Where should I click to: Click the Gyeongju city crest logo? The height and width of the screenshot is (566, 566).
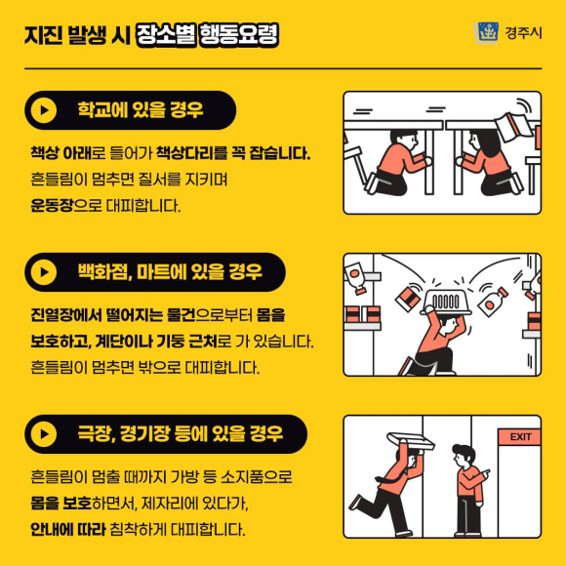point(486,32)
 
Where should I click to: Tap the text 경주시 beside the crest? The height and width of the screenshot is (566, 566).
point(523,33)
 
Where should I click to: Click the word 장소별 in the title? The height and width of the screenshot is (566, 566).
point(166,35)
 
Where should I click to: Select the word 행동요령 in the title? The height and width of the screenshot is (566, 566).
point(239,35)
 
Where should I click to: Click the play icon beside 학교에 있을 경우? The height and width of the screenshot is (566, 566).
point(44,110)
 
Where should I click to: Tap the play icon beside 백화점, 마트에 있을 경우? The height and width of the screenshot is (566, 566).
point(44,272)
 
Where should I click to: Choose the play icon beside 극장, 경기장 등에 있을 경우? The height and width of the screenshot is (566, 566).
point(44,434)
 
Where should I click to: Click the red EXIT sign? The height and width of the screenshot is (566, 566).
point(519,437)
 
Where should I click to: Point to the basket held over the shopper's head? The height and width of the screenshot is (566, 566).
point(446,301)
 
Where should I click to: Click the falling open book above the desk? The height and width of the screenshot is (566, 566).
point(513,127)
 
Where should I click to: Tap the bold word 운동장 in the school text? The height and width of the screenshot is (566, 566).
point(52,205)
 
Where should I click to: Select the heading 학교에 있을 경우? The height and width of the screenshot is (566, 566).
point(141,109)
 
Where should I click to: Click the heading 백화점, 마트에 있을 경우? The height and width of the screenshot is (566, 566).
point(170,272)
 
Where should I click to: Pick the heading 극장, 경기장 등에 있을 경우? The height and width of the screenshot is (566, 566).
point(181,434)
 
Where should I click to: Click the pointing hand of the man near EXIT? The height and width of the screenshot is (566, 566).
point(485,472)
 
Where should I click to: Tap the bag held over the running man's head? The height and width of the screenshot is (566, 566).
point(411,441)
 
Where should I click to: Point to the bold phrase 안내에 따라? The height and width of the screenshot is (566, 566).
point(68,530)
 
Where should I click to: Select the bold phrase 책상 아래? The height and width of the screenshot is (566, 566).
point(61,153)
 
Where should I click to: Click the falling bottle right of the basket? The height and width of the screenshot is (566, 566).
point(493,301)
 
